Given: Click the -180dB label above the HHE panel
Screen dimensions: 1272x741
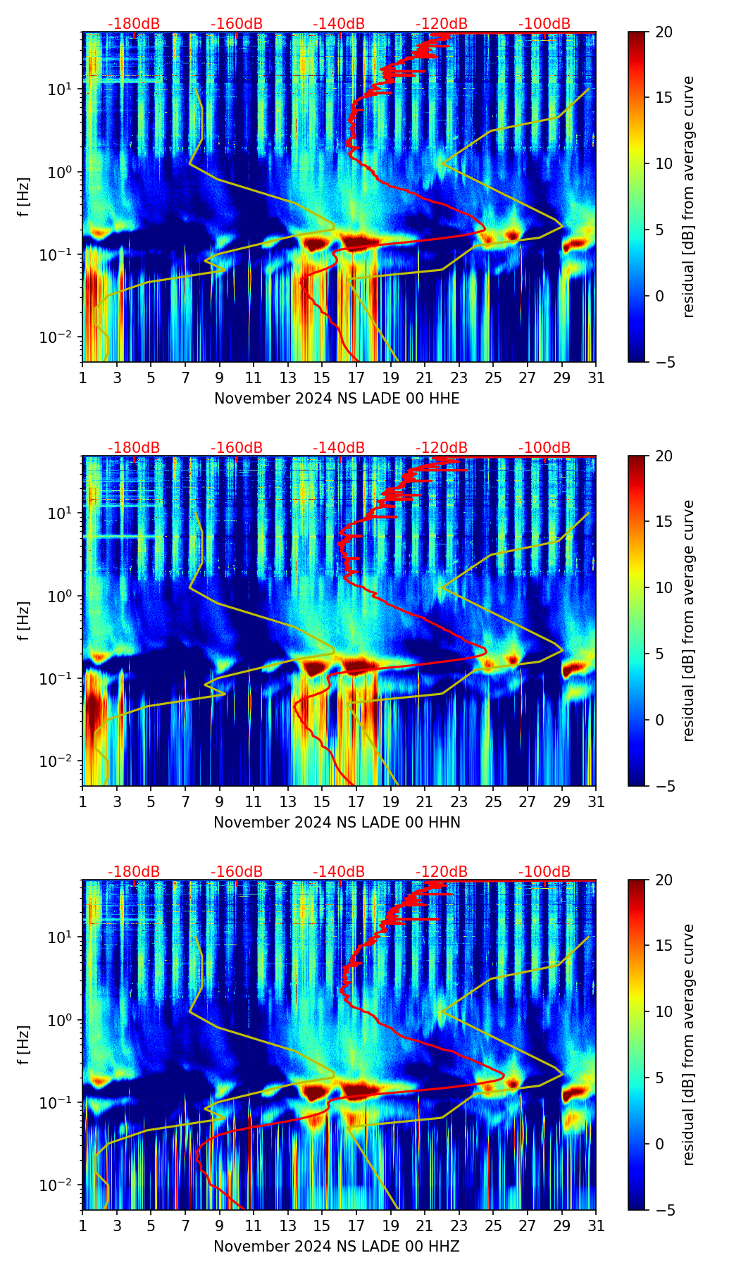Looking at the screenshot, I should point(134,24).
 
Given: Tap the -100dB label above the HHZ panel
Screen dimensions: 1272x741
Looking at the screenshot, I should point(544,872).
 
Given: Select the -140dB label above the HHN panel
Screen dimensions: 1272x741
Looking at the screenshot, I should point(339,448).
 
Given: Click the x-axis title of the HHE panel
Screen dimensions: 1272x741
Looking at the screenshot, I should point(337,399).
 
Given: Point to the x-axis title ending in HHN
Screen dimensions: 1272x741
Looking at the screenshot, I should point(337,823).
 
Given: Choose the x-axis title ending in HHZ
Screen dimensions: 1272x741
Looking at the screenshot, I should point(337,1247).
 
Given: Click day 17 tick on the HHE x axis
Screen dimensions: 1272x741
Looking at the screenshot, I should point(356,378).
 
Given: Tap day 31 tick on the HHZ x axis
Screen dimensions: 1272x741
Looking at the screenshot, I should point(596,1226).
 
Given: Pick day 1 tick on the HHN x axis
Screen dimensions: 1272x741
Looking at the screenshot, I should point(83,802).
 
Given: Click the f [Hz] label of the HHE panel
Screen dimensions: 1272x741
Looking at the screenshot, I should point(24,197).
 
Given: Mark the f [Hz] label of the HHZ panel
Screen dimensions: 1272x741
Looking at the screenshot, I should point(24,1045).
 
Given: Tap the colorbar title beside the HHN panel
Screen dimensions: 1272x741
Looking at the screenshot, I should point(689,621).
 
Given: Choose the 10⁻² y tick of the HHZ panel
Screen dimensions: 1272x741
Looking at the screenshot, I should point(62,1185).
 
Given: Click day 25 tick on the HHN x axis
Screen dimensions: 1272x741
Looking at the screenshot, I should point(493,802).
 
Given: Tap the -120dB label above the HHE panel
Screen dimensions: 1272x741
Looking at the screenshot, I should point(442,24).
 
